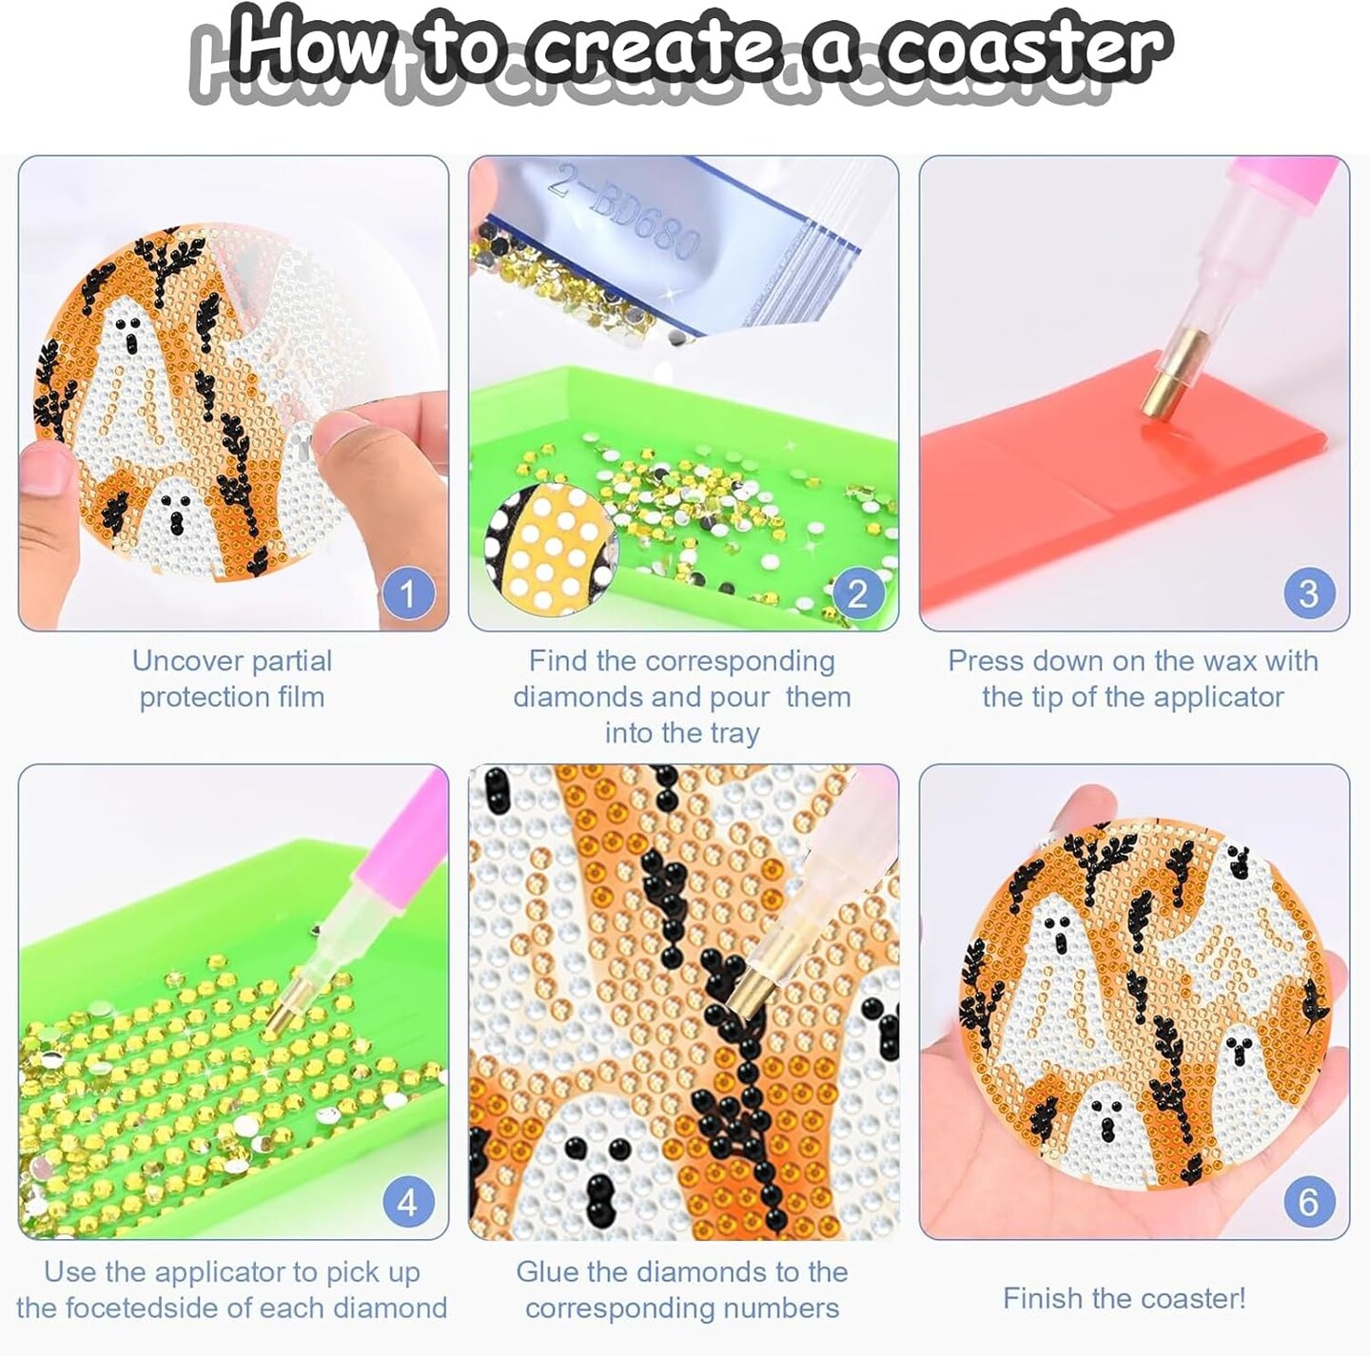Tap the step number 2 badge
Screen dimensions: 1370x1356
pyautogui.click(x=858, y=593)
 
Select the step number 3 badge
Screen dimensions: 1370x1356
pyautogui.click(x=1309, y=593)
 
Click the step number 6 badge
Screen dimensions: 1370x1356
pyautogui.click(x=1309, y=1203)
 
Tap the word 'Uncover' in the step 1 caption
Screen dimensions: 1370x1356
pyautogui.click(x=183, y=662)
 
